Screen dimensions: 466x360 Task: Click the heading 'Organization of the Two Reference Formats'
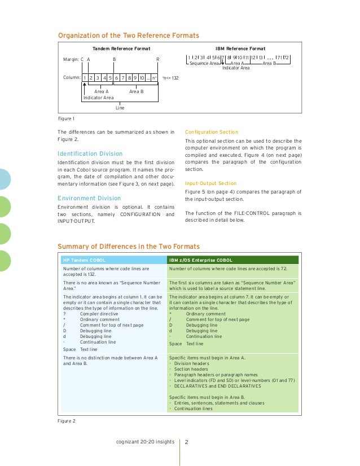point(129,36)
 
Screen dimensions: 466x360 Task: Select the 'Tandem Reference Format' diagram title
point(121,49)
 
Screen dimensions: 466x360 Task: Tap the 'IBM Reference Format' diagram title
point(240,49)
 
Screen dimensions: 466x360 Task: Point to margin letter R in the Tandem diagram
point(157,59)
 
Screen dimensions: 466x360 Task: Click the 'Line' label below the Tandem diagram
point(120,107)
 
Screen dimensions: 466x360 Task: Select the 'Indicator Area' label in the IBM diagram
point(236,68)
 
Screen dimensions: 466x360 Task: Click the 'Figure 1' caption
point(67,119)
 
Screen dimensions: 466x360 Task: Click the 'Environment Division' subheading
point(89,198)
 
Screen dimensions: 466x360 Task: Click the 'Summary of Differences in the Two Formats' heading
point(129,247)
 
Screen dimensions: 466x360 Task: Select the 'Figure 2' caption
point(67,420)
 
